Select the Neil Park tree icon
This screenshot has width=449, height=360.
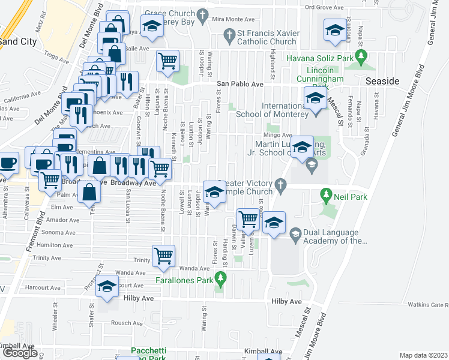[326, 194]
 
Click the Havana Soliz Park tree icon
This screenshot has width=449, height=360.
[360, 58]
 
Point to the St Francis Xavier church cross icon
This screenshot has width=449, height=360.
[229, 35]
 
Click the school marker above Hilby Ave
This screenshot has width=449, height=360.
[107, 288]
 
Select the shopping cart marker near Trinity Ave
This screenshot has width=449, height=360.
[163, 256]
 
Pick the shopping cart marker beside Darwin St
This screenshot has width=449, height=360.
[248, 220]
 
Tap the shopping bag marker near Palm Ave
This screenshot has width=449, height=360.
[89, 192]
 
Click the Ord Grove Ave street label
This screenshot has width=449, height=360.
[325, 7]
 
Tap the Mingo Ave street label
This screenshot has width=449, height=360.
[279, 135]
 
